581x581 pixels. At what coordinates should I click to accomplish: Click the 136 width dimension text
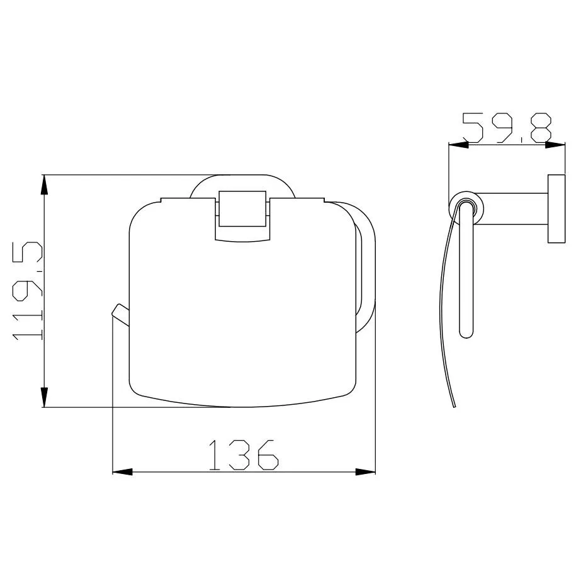243,455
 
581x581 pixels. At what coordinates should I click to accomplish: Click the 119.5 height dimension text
28,291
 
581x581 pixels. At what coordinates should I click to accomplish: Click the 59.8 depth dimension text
507,128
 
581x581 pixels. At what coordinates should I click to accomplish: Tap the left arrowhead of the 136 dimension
122,472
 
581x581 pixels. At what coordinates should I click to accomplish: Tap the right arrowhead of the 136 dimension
365,472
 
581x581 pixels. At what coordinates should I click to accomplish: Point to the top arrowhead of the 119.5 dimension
44,184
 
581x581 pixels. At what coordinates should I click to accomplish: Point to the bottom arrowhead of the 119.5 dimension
44,397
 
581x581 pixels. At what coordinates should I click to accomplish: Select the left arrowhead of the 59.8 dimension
459,145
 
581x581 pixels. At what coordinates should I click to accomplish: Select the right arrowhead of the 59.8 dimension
555,145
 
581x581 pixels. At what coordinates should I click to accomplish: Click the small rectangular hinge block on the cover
243,208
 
